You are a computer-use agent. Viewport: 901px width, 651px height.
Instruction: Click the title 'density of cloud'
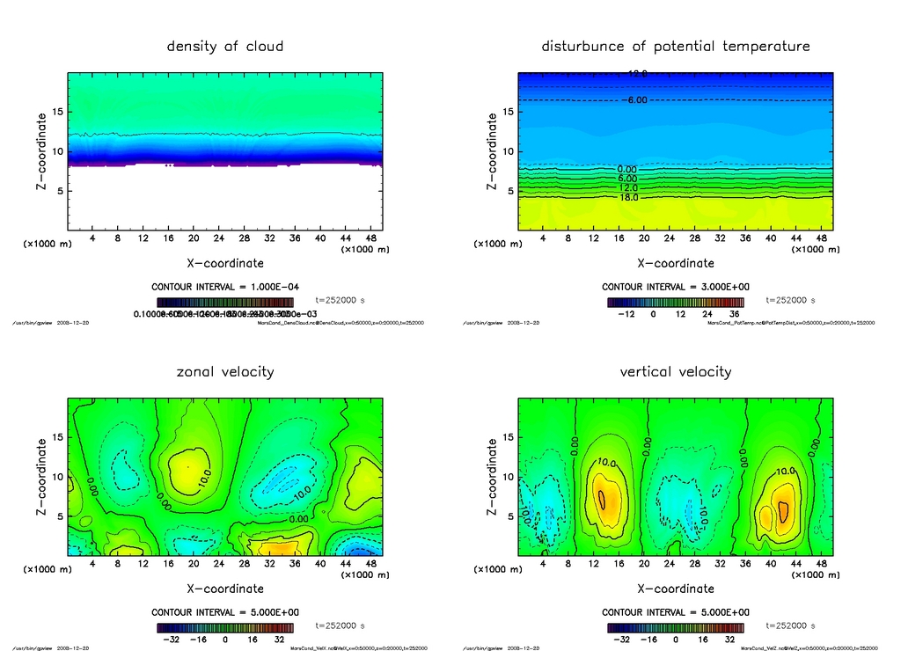coord(225,46)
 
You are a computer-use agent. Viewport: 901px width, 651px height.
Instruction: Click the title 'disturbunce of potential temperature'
coord(676,46)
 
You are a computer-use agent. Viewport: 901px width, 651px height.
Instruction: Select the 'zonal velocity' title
coord(225,372)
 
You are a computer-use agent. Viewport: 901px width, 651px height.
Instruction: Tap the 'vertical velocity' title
coord(676,372)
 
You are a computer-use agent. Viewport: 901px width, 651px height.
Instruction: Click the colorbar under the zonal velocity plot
coord(225,628)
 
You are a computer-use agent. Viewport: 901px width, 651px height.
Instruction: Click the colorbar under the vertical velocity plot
coord(676,628)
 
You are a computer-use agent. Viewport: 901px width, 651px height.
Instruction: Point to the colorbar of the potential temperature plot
coord(676,302)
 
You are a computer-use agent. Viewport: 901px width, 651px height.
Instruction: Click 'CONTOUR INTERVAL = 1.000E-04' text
coord(225,287)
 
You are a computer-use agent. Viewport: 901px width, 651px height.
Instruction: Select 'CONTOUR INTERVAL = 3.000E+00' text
coord(676,287)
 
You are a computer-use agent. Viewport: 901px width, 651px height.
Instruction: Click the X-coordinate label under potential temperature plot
coord(676,263)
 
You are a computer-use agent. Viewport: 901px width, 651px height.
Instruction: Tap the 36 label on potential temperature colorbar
coord(734,313)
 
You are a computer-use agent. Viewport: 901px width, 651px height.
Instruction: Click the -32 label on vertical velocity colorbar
coord(619,640)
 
